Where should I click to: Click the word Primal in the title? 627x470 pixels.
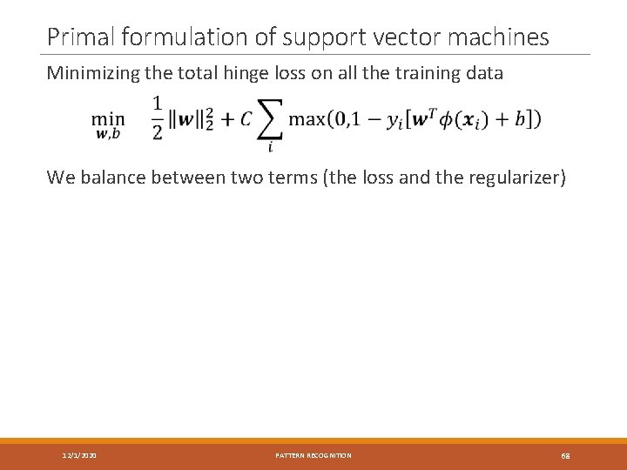(x=82, y=37)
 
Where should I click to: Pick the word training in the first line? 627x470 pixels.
(x=421, y=73)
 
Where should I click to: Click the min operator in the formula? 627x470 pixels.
(x=108, y=118)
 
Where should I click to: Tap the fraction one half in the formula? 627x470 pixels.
(x=158, y=117)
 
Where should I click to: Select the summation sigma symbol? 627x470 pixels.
(x=270, y=120)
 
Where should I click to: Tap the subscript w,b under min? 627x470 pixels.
(x=108, y=133)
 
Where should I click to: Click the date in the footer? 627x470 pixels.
(x=79, y=455)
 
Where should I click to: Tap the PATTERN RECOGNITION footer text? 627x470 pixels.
(x=313, y=455)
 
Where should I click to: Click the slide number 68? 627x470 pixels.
(x=565, y=455)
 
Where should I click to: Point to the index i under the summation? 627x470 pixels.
(x=270, y=147)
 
